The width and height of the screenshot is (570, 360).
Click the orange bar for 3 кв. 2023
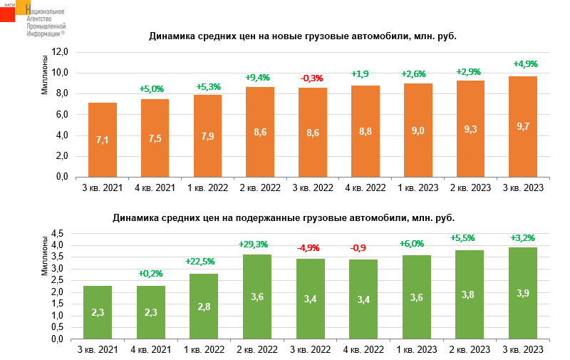[522, 126]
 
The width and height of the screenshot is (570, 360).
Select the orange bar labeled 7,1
[103, 140]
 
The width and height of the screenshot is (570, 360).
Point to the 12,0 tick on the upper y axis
[59, 52]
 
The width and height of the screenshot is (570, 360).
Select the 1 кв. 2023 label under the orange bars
[418, 187]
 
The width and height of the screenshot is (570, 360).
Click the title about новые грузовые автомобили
[302, 36]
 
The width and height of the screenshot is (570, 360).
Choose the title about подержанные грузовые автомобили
[284, 217]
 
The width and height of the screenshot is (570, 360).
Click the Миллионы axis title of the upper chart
[44, 74]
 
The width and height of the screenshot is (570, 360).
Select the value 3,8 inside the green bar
[470, 294]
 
